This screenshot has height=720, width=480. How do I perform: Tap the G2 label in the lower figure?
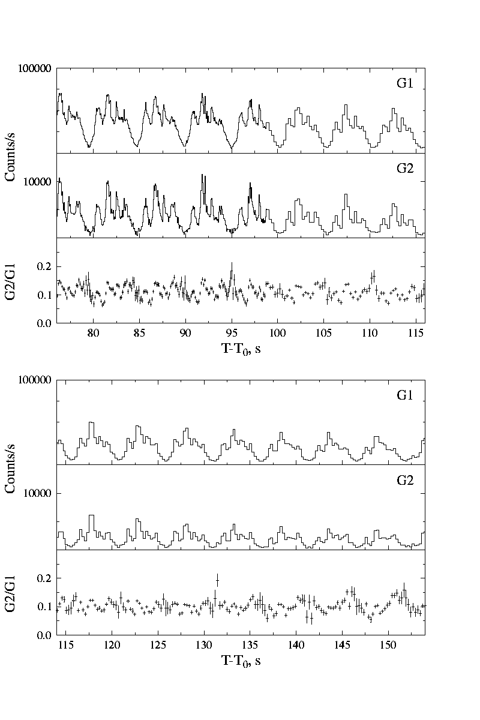point(404,481)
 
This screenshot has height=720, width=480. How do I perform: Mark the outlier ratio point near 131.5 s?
point(217,580)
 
